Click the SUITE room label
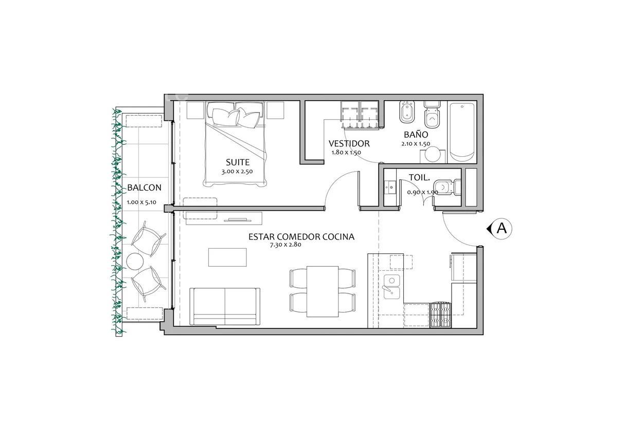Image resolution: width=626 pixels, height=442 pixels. (238, 162)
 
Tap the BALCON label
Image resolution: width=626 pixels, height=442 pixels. (144, 188)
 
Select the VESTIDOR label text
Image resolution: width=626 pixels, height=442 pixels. (349, 143)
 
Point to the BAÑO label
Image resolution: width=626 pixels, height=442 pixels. (416, 134)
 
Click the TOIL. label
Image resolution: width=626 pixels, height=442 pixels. (419, 178)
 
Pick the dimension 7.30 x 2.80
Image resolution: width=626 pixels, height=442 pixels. (285, 245)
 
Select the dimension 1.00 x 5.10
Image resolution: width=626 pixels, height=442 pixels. (141, 202)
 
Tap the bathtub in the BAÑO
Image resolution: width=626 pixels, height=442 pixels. (462, 132)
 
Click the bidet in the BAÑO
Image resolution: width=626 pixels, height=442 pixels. (407, 112)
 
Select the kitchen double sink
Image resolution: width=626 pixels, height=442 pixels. (391, 286)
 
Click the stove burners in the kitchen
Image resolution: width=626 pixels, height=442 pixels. (441, 315)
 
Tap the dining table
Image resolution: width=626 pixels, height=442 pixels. (323, 291)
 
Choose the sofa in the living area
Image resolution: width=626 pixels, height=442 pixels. (225, 307)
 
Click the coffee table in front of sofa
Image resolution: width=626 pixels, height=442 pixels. (227, 257)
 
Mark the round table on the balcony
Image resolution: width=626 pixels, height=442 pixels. (135, 262)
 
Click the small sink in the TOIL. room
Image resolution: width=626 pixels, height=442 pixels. (390, 187)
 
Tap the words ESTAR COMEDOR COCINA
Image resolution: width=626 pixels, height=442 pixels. (301, 237)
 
